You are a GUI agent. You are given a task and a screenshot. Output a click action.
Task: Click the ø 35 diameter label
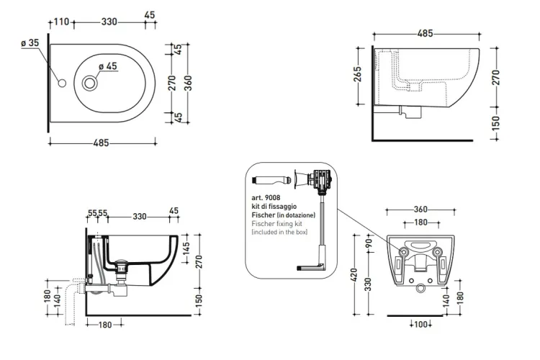click(30, 43)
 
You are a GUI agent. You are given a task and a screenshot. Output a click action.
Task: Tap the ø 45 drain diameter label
click(108, 66)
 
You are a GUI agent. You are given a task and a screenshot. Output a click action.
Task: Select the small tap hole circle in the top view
click(62, 83)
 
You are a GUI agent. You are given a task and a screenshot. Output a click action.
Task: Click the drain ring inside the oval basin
click(90, 83)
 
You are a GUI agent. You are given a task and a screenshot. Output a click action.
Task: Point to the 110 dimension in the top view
click(62, 22)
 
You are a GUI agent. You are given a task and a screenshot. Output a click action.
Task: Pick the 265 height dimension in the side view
click(358, 74)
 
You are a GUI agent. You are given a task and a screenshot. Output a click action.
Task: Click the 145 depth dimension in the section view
click(186, 248)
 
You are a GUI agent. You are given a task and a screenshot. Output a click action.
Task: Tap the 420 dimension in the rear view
click(355, 275)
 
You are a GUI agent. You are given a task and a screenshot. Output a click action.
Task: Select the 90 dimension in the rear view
click(369, 243)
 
